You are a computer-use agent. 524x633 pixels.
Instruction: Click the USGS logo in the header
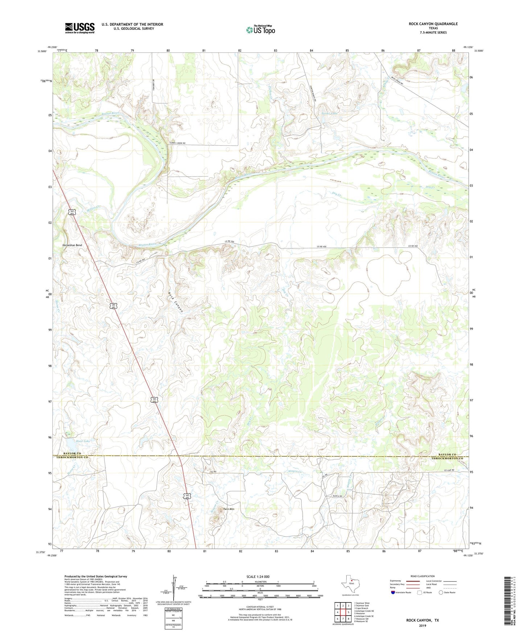tap(80, 28)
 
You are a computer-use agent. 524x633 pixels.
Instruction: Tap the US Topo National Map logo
tap(260, 30)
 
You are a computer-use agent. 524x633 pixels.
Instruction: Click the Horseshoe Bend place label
tap(72, 245)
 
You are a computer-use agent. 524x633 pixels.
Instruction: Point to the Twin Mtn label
tap(228, 509)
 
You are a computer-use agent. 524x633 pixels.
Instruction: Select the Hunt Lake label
tap(83, 441)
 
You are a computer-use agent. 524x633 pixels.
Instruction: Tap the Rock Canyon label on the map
tap(176, 302)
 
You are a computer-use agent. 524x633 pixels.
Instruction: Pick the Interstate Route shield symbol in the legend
tap(393, 592)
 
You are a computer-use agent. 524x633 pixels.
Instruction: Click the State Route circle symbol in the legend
tap(441, 592)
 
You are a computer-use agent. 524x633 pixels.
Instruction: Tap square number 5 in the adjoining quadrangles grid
tap(348, 612)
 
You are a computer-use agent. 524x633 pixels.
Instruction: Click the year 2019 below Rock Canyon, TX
tap(422, 625)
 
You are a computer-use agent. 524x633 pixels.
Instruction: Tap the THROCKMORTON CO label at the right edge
tap(447, 459)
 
